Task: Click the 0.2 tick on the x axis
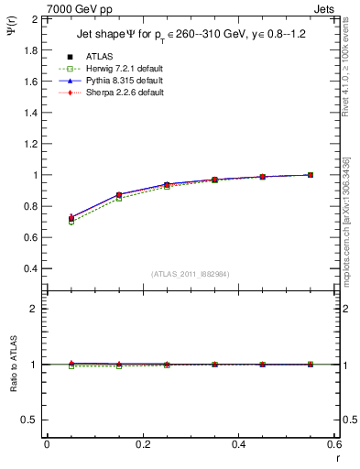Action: [x=143, y=443]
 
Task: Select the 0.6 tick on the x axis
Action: [x=334, y=443]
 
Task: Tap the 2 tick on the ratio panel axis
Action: [x=37, y=309]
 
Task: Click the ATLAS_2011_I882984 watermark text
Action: [x=190, y=274]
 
